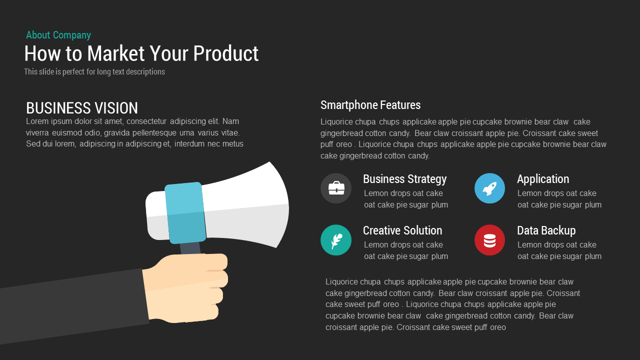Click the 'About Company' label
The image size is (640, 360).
58,35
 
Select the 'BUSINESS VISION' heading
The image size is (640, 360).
82,108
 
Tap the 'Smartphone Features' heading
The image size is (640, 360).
370,105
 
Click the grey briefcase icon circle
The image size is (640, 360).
336,188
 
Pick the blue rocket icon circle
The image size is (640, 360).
489,188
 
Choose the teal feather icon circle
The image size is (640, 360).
336,240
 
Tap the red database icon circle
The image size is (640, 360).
489,240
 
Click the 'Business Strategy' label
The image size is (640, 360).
404,179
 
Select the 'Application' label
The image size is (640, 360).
543,179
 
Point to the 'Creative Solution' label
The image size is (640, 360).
402,230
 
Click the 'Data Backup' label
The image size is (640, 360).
546,230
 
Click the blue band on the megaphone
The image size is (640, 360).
185,212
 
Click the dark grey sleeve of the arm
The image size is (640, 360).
70,307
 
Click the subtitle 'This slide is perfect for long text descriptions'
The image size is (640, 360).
94,72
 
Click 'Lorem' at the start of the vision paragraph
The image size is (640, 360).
36,121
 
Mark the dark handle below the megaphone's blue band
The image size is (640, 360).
190,248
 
